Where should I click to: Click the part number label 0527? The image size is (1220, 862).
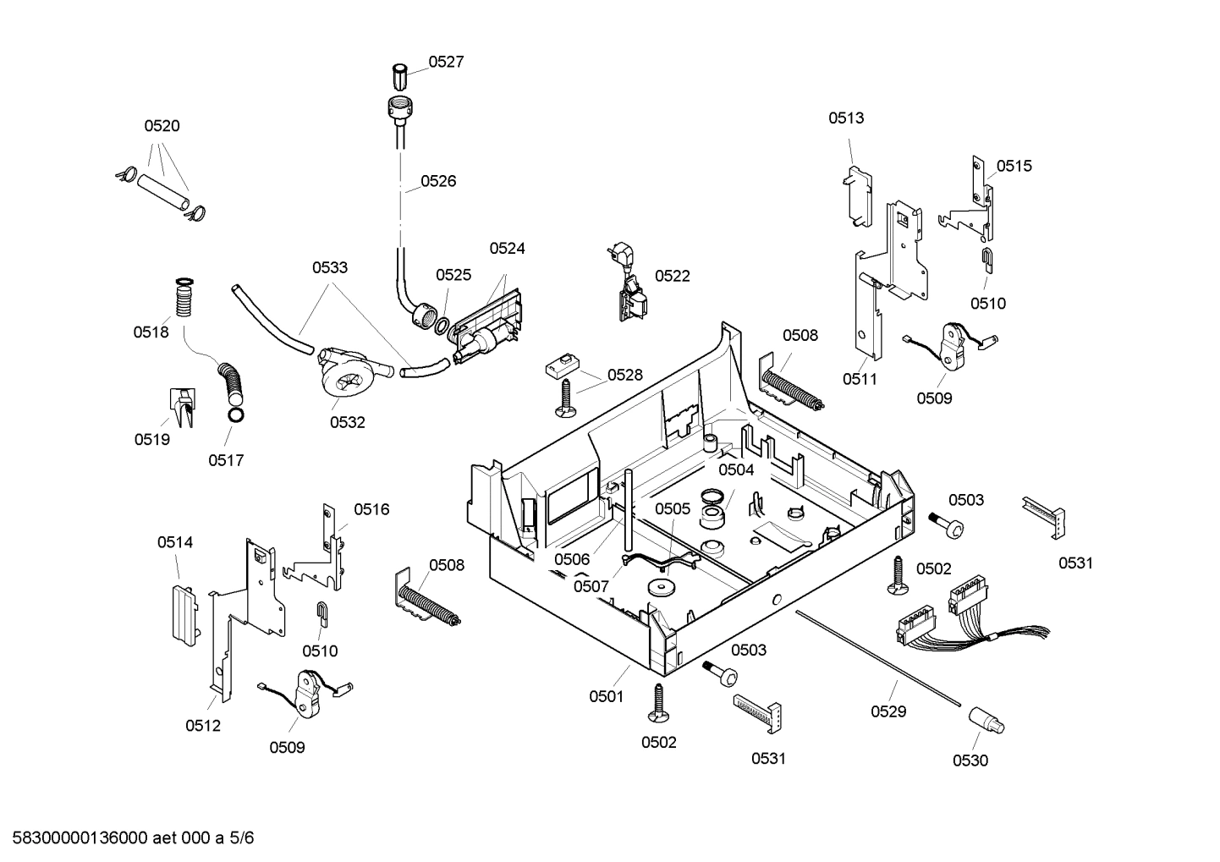click(x=445, y=62)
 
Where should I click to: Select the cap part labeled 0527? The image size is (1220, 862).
click(x=400, y=76)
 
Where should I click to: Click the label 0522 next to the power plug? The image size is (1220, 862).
click(x=672, y=276)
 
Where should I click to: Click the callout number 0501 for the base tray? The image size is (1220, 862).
click(x=606, y=696)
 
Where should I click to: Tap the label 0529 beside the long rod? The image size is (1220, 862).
click(x=888, y=711)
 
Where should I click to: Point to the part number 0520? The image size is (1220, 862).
click(x=162, y=126)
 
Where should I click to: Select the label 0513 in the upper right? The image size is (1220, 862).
click(x=846, y=118)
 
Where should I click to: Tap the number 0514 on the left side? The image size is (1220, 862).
click(x=175, y=542)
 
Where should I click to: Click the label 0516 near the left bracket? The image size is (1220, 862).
click(x=371, y=509)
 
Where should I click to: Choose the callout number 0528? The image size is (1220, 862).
click(x=624, y=375)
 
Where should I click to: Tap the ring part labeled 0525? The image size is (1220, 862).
click(x=442, y=322)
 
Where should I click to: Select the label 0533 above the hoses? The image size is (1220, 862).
click(x=329, y=267)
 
